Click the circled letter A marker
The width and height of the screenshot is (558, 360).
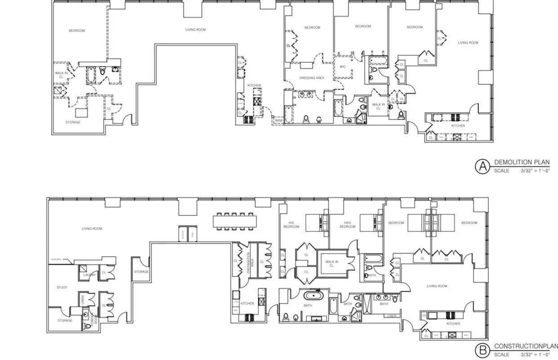point(482,166)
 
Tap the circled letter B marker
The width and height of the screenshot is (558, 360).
point(482,350)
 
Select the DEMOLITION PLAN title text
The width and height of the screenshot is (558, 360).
point(522,162)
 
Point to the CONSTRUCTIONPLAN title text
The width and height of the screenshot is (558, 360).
point(526,346)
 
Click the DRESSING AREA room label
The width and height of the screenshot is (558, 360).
point(312,78)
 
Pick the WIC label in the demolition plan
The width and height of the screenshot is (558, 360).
point(343,67)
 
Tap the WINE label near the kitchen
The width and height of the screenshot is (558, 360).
point(278,120)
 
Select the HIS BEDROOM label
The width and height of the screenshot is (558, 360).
point(291,225)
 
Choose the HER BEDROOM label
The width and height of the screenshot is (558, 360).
point(347,225)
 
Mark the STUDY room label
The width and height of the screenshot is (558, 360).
point(62,287)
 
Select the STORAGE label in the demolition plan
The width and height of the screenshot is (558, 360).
point(73,122)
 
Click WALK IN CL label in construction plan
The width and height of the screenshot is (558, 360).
point(332,263)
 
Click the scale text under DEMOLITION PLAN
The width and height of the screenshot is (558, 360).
point(522,171)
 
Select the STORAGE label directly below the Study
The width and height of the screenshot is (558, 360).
point(65,320)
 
